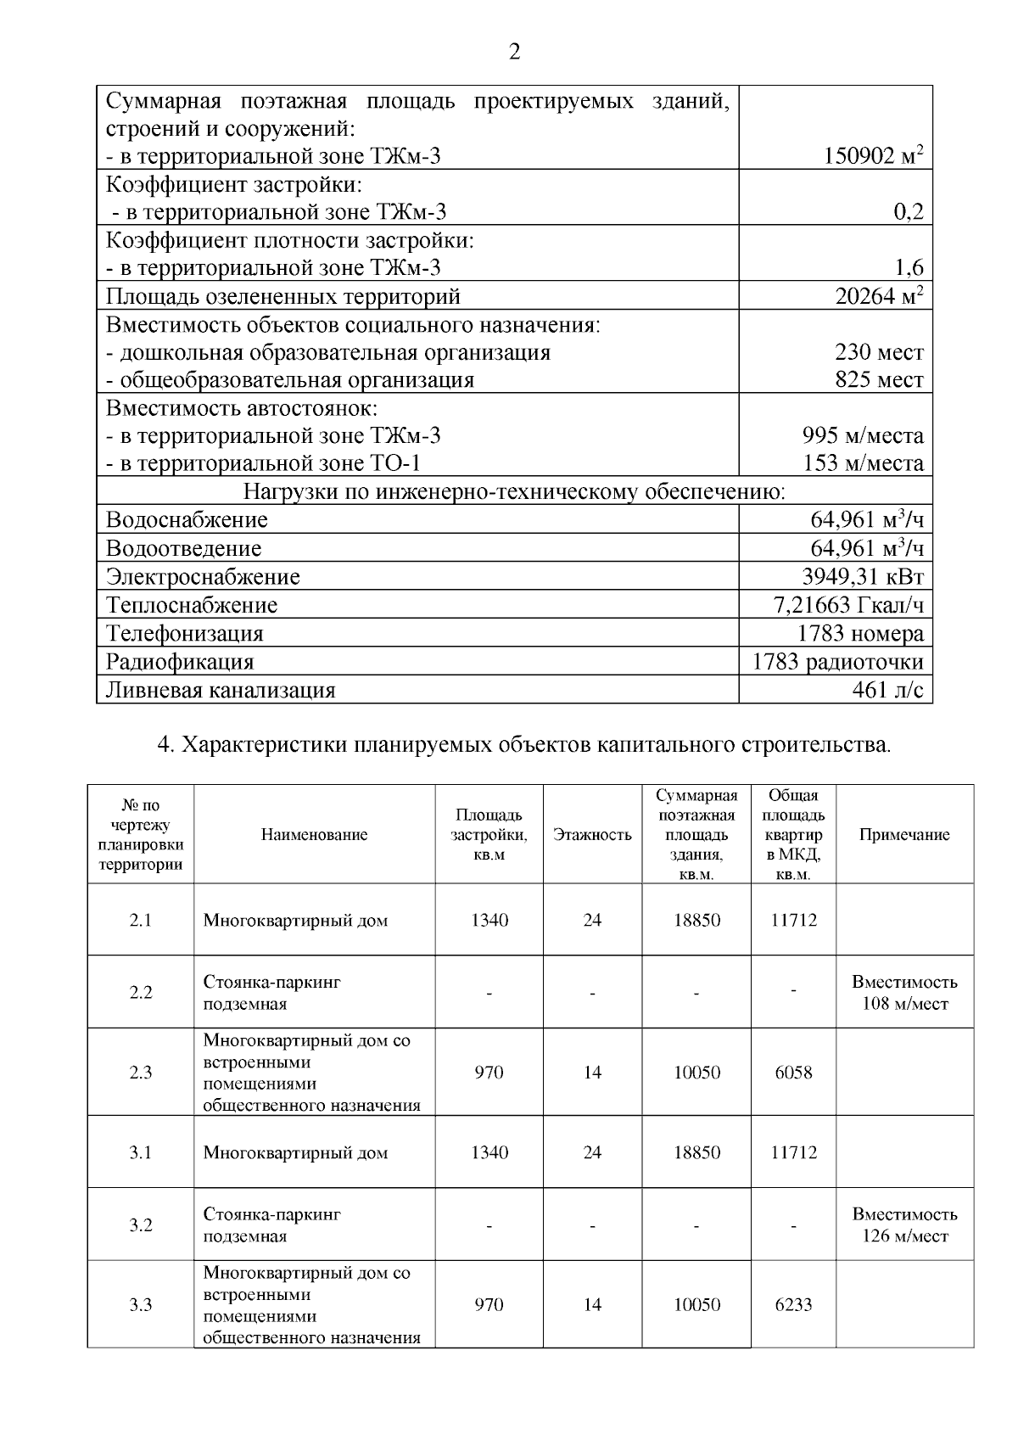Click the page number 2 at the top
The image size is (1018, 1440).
pos(514,53)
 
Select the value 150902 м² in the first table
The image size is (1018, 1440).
pos(873,156)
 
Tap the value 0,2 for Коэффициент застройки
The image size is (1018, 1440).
pos(908,212)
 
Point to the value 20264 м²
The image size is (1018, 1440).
pos(879,296)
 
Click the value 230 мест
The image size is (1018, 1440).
pos(879,352)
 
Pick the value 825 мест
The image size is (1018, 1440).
pos(879,379)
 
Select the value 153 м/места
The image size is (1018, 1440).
pos(863,463)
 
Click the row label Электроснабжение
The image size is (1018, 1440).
pos(203,577)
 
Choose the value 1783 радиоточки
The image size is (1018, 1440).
pos(837,661)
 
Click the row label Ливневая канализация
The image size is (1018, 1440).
pos(221,690)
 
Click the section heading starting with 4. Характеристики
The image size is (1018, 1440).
pos(524,745)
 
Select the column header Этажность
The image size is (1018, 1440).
pos(592,835)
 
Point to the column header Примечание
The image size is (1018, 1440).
pos(904,835)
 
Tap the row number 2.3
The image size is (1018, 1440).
pos(141,1073)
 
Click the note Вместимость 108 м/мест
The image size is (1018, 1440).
pos(904,993)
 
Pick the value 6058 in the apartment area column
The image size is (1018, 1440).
pos(793,1073)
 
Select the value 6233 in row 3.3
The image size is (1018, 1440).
pos(793,1305)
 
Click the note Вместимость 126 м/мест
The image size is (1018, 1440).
pos(904,1225)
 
